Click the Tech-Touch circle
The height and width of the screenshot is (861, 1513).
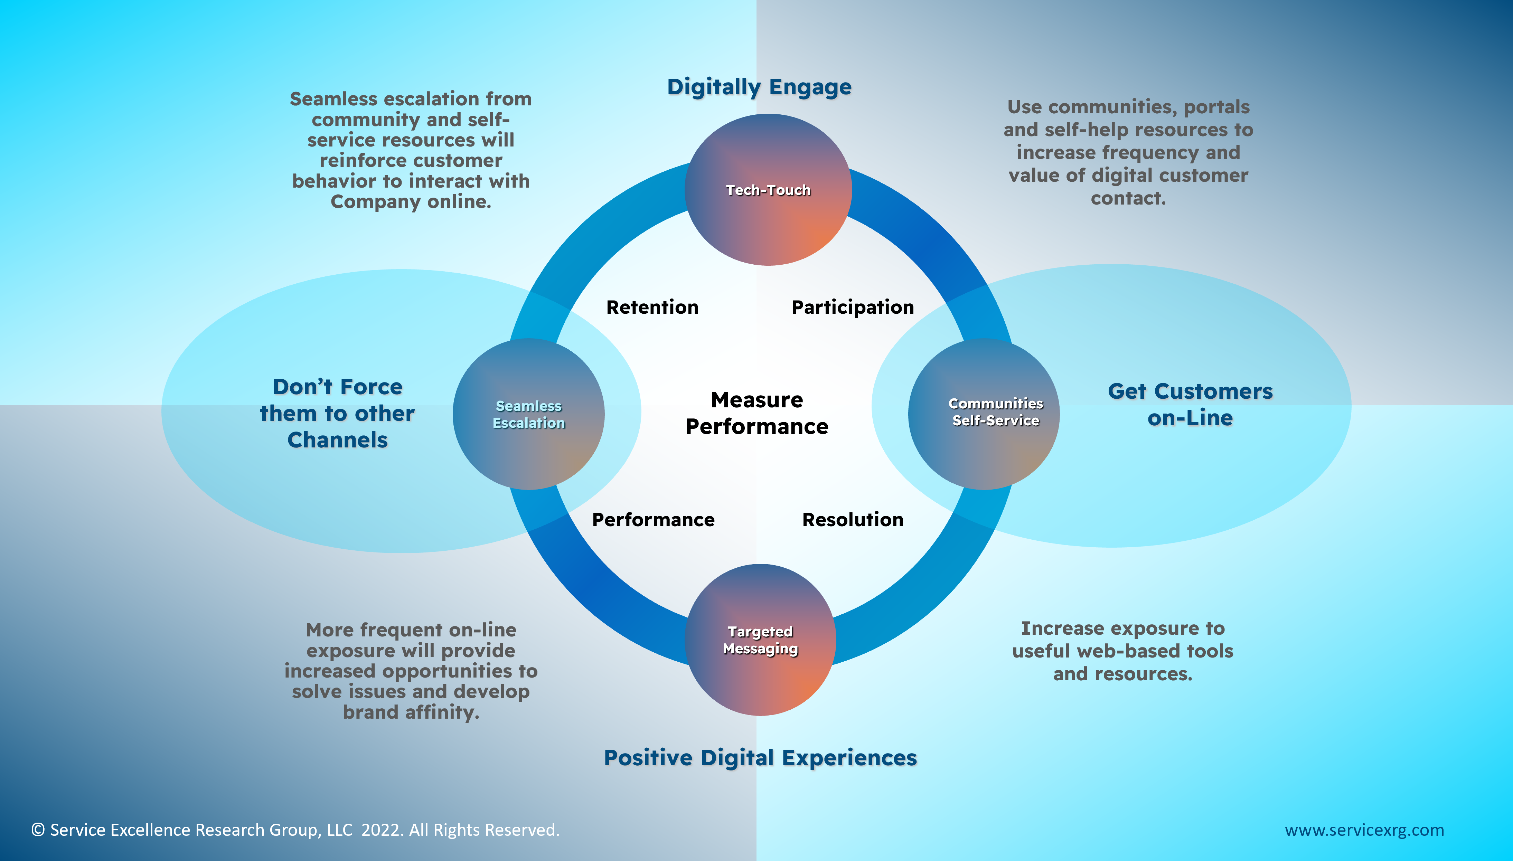pyautogui.click(x=768, y=190)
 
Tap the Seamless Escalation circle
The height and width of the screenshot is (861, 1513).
pyautogui.click(x=528, y=414)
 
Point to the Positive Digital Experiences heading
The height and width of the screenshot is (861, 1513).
pyautogui.click(x=760, y=757)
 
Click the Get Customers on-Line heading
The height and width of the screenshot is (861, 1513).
pyautogui.click(x=1190, y=405)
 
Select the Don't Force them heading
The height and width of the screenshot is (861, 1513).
pyautogui.click(x=337, y=413)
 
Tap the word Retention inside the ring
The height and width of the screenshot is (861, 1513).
pyautogui.click(x=652, y=307)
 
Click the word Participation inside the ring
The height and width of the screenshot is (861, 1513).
pyautogui.click(x=852, y=307)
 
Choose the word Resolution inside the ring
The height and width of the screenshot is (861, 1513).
pyautogui.click(x=852, y=519)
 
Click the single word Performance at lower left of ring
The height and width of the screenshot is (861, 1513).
pyautogui.click(x=653, y=519)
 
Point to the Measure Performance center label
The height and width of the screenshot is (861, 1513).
pyautogui.click(x=756, y=413)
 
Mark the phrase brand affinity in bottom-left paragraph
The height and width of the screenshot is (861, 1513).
pyautogui.click(x=411, y=712)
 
